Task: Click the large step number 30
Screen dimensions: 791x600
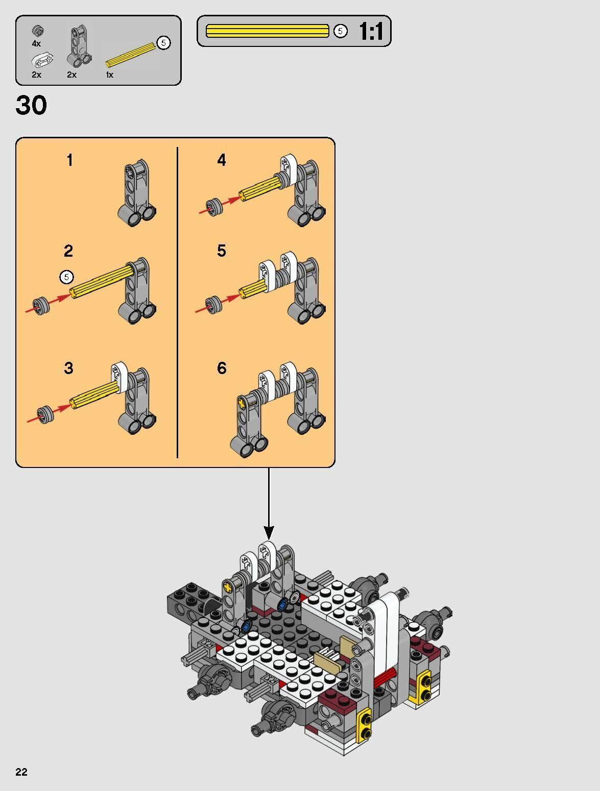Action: (31, 105)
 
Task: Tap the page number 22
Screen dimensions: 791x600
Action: (21, 772)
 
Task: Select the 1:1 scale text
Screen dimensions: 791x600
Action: (371, 32)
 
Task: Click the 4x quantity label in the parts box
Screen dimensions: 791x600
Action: (36, 44)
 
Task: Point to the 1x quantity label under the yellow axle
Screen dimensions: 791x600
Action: (109, 75)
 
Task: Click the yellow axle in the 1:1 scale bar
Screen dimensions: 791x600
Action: (267, 31)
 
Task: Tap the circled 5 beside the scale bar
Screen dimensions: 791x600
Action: (341, 31)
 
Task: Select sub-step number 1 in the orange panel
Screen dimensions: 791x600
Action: (69, 160)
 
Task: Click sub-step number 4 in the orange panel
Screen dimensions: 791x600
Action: (221, 160)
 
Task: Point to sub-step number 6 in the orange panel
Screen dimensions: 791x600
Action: (221, 368)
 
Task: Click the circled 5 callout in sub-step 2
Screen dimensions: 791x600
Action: (66, 277)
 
